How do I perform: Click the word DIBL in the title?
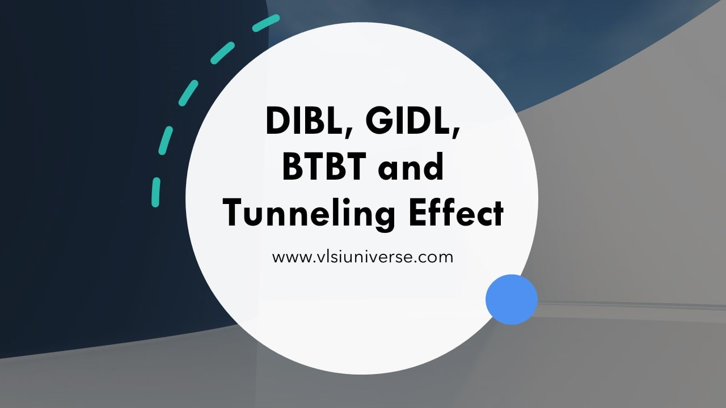tap(304, 122)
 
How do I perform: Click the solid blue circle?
tap(512, 299)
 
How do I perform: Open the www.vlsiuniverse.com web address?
tap(362, 257)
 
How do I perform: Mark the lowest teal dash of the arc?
tap(155, 192)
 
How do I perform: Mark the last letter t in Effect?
tap(497, 215)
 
